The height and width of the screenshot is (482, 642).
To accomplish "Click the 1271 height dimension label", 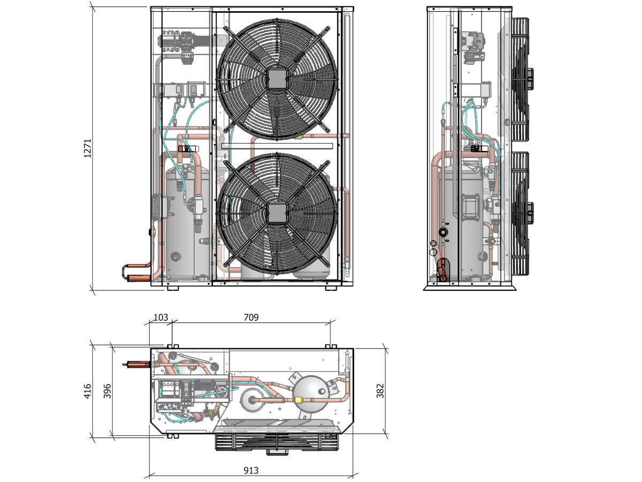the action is tap(88, 148).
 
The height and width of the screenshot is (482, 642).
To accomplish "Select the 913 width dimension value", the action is tap(251, 470).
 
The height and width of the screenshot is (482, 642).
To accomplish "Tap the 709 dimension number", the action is tap(251, 317).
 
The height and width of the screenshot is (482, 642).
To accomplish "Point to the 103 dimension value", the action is tap(160, 317).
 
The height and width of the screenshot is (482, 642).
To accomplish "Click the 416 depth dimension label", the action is tap(88, 391).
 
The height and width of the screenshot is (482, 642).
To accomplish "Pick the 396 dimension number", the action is tap(108, 391).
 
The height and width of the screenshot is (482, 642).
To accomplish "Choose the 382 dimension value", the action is tap(380, 391).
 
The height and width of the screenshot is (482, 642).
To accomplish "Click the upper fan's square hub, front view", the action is tap(277, 78).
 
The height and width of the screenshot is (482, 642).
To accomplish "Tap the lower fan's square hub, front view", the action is tap(277, 214).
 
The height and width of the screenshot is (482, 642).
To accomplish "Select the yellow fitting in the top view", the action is tap(299, 400).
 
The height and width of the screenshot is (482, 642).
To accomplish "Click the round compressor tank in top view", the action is tap(311, 394).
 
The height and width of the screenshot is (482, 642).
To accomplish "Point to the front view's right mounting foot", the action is tap(331, 288).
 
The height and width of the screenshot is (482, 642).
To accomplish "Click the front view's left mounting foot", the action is tap(173, 288).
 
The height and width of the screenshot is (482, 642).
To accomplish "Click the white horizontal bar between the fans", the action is tap(277, 146).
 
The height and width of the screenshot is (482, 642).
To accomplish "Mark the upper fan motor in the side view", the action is tap(531, 79).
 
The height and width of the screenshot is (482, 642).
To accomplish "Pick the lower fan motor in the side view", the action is tap(531, 213).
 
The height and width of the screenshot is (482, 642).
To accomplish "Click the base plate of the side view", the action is tap(470, 288).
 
